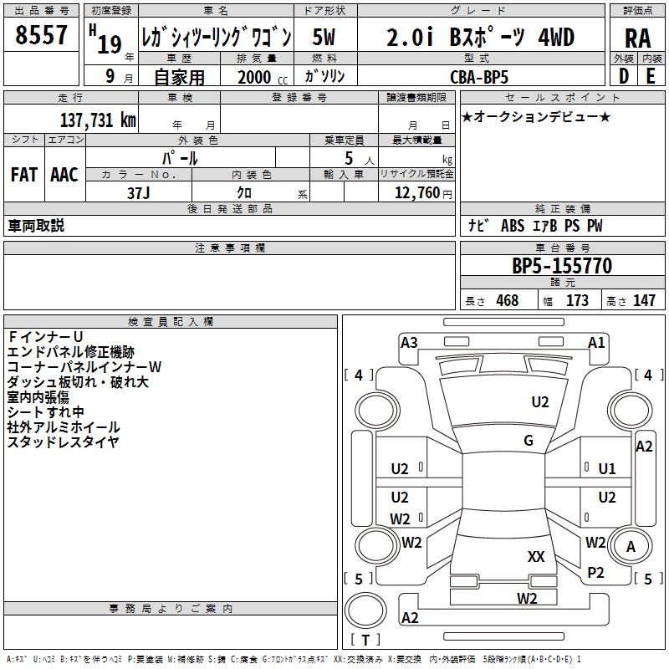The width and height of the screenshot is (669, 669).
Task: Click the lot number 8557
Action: click(x=41, y=35)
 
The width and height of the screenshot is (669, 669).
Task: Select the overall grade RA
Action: click(x=637, y=38)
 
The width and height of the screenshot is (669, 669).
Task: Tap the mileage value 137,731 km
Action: click(x=98, y=120)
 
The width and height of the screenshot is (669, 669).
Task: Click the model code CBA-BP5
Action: click(x=479, y=77)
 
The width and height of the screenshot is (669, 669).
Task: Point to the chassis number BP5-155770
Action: click(x=562, y=266)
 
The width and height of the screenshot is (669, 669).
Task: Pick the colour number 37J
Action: click(x=139, y=193)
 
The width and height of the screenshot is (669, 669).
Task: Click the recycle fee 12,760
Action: click(x=416, y=193)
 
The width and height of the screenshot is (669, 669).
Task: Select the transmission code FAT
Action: click(x=24, y=175)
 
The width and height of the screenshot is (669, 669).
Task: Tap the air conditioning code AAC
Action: click(x=64, y=175)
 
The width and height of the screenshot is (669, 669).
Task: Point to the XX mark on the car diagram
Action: click(x=536, y=557)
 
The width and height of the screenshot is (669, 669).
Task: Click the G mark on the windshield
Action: click(x=529, y=441)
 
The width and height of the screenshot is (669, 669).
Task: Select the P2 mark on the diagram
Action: click(x=595, y=573)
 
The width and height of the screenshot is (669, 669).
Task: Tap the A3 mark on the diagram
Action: click(x=409, y=343)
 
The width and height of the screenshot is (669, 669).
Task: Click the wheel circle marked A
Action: click(x=631, y=546)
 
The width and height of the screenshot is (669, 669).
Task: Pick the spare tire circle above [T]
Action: click(x=365, y=610)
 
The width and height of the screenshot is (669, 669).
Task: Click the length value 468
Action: click(x=508, y=300)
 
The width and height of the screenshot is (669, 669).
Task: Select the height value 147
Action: click(x=644, y=300)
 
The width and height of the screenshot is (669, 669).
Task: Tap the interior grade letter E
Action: click(x=651, y=76)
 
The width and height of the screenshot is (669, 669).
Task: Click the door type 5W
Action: click(x=324, y=37)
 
